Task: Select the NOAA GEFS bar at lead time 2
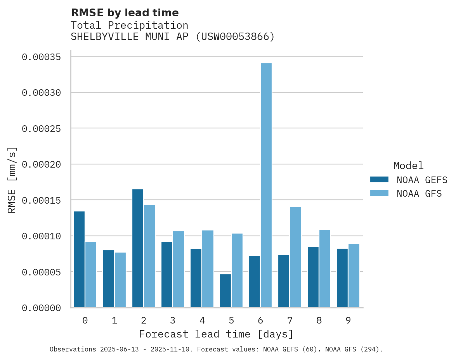point(138,248)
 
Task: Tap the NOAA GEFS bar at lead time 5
point(225,291)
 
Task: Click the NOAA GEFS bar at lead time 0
point(79,260)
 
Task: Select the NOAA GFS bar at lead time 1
point(120,280)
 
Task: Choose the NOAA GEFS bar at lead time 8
point(313,277)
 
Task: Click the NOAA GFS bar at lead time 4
point(208,269)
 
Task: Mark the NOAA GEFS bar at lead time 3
point(167,275)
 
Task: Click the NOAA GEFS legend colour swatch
point(379,179)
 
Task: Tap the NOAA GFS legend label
point(419,194)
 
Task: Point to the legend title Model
point(408,166)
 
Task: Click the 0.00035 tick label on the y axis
point(41,57)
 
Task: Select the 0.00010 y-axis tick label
point(41,236)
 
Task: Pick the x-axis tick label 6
point(260,320)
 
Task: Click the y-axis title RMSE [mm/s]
point(12,180)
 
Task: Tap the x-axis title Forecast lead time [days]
point(216,334)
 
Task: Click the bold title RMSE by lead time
point(125,13)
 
